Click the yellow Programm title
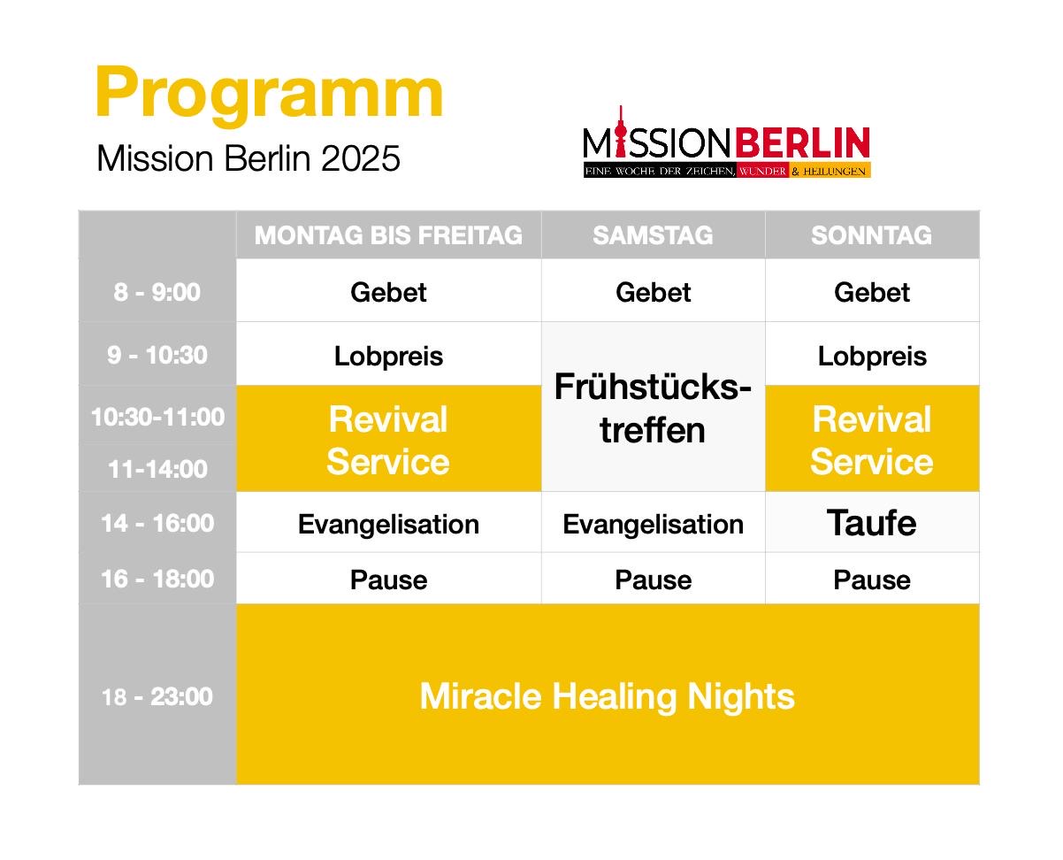269,96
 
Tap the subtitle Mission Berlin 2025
248,158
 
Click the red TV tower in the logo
620,130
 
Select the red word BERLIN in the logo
802,142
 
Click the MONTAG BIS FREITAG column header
388,235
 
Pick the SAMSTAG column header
653,235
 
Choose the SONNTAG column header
871,235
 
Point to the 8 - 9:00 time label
157,292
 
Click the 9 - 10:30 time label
157,356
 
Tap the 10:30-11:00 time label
157,417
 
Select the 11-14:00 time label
157,469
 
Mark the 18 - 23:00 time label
157,697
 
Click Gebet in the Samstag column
653,293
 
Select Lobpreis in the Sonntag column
872,357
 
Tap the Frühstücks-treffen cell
653,408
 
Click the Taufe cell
871,523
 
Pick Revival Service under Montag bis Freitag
388,441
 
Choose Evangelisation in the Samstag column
653,525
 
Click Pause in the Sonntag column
872,580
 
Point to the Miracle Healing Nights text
608,697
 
